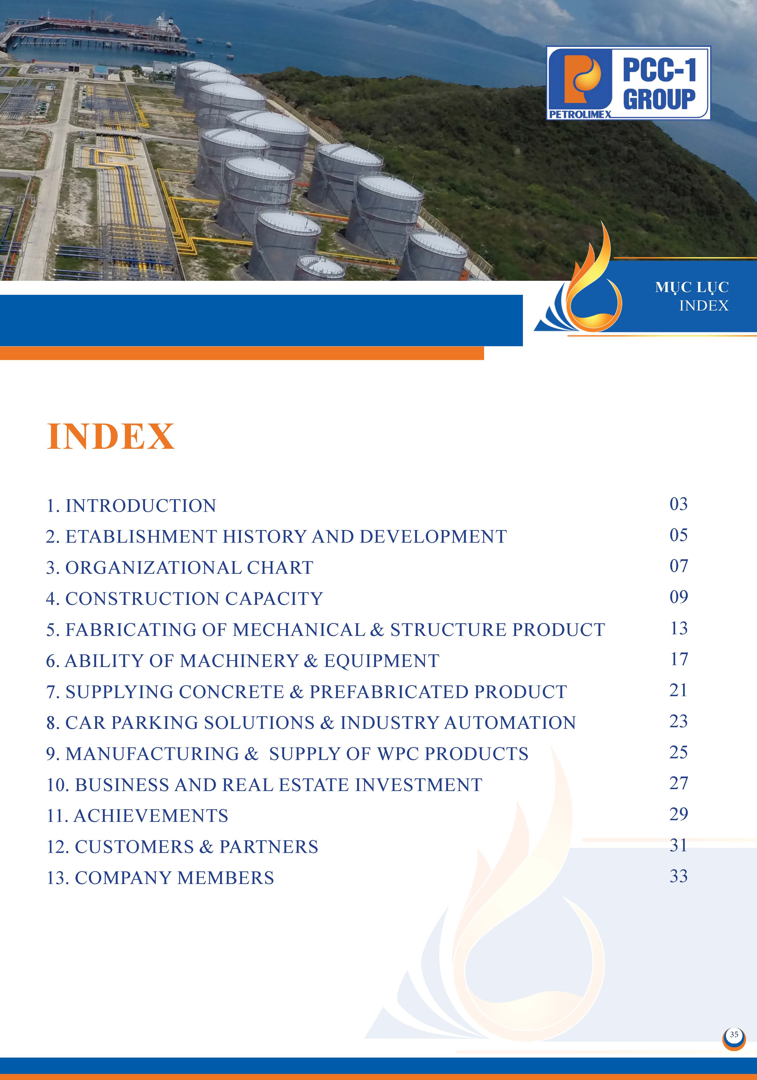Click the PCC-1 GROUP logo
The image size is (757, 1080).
628,83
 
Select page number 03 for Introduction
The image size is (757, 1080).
678,504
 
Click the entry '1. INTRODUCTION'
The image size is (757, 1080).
131,506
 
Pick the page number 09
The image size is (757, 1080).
678,597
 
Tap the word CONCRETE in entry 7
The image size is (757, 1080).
231,692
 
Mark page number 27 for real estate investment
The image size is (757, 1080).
678,783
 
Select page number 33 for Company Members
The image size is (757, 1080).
678,876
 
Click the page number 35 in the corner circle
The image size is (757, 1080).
734,1034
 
